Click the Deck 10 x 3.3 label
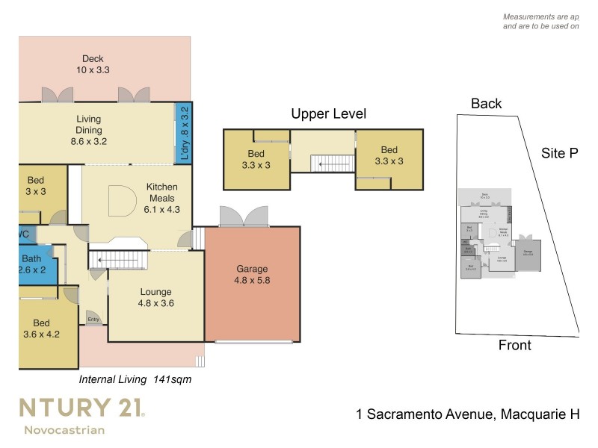pyautogui.click(x=93, y=64)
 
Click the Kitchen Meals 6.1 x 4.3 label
pyautogui.click(x=161, y=199)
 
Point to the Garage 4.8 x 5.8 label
pyautogui.click(x=252, y=275)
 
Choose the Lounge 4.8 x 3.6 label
pyautogui.click(x=156, y=298)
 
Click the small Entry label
pyautogui.click(x=93, y=320)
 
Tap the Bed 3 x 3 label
pyautogui.click(x=36, y=186)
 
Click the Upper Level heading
pyautogui.click(x=328, y=114)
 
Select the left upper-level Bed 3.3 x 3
pyautogui.click(x=256, y=161)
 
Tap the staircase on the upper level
pyautogui.click(x=329, y=162)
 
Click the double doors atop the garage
pyautogui.click(x=243, y=216)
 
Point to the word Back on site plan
pyautogui.click(x=486, y=104)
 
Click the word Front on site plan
pyautogui.click(x=514, y=345)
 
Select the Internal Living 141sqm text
pyautogui.click(x=135, y=379)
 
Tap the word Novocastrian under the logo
pyautogui.click(x=64, y=430)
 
